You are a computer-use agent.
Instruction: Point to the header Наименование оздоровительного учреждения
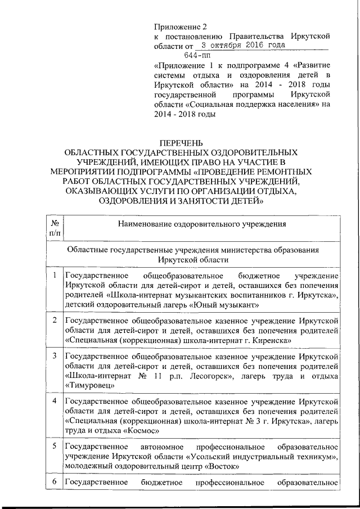click(x=201, y=224)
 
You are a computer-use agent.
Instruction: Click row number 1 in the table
click(x=55, y=276)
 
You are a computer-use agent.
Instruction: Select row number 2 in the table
click(x=55, y=321)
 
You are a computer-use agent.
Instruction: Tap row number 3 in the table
click(x=55, y=356)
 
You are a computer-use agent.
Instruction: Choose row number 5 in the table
click(x=55, y=447)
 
